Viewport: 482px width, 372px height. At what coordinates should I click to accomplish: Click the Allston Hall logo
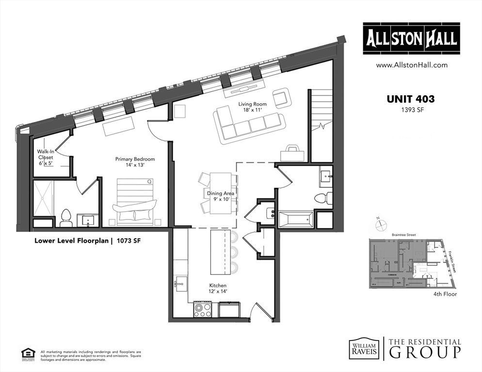point(412,39)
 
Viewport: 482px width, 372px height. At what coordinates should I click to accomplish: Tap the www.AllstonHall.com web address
point(412,65)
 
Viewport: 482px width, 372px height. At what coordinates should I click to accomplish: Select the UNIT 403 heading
point(410,99)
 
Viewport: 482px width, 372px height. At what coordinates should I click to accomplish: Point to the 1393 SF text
point(411,109)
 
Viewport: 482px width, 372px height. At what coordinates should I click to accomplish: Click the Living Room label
point(252,107)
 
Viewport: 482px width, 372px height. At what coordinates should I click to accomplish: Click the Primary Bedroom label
point(135,162)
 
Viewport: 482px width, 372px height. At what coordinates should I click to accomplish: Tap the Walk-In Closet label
point(45,157)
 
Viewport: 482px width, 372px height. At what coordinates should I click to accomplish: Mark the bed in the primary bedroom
point(134,201)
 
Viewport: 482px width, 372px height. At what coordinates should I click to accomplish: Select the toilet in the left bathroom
point(66,217)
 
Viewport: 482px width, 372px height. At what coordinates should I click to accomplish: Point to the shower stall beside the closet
point(45,197)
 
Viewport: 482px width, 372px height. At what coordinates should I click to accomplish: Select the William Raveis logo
point(363,348)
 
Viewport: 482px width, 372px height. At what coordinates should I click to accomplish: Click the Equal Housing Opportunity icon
point(27,354)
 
